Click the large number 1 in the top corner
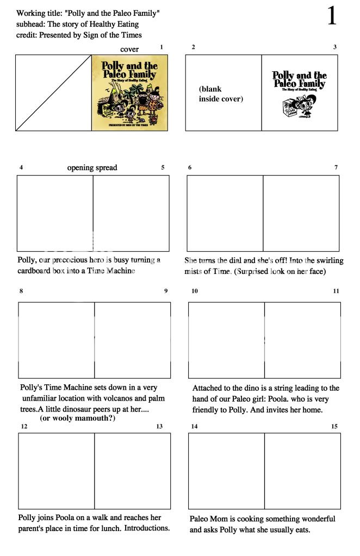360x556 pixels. (331, 16)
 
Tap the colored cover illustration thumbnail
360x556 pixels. (129, 92)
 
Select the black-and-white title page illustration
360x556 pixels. (299, 92)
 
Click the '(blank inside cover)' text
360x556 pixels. (221, 93)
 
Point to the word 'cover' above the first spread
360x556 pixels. (129, 49)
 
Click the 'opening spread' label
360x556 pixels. (92, 167)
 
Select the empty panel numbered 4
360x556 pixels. (55, 213)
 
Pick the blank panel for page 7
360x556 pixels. (301, 213)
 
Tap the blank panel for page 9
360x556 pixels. (132, 340)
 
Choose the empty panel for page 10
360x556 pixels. (226, 340)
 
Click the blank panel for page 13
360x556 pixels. (132, 470)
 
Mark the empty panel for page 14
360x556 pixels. (226, 470)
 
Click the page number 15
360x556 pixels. (334, 426)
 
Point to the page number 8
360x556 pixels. (21, 291)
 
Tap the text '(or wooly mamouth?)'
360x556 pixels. (77, 418)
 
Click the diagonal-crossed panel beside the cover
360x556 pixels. (53, 92)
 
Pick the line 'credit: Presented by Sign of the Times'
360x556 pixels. (79, 35)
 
